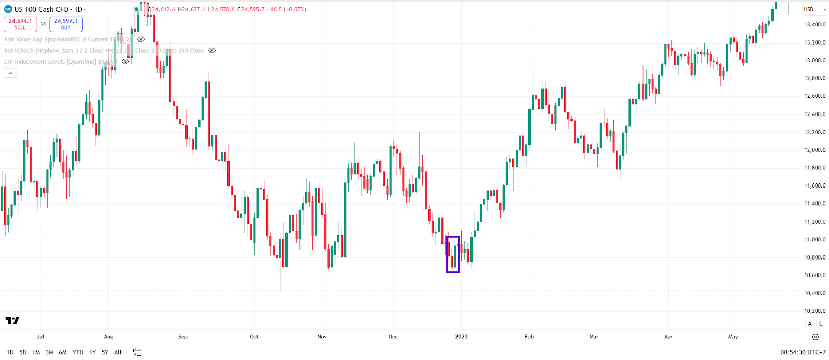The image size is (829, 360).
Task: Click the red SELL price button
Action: click(20, 24)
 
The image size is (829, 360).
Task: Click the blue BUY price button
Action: click(66, 24)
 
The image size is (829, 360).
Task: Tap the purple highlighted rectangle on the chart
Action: click(453, 254)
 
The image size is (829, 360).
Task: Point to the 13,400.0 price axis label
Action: click(814, 24)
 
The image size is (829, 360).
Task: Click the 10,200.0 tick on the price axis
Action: click(814, 311)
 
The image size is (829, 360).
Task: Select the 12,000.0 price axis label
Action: click(814, 150)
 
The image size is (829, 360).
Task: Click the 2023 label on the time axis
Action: click(461, 337)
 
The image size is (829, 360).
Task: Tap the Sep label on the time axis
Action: click(183, 337)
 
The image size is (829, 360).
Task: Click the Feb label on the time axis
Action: click(529, 337)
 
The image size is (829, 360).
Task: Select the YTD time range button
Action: click(78, 352)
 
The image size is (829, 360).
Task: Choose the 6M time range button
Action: click(63, 352)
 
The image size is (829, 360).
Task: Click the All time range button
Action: click(118, 352)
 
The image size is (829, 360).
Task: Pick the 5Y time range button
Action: click(105, 352)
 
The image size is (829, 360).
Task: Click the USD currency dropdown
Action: click(814, 9)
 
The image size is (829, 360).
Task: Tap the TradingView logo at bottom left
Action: click(12, 321)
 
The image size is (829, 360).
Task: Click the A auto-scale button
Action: click(810, 324)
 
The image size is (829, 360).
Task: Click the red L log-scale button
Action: click(821, 324)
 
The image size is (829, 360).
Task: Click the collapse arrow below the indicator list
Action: click(10, 73)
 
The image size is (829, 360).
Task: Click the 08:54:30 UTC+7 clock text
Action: click(803, 352)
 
